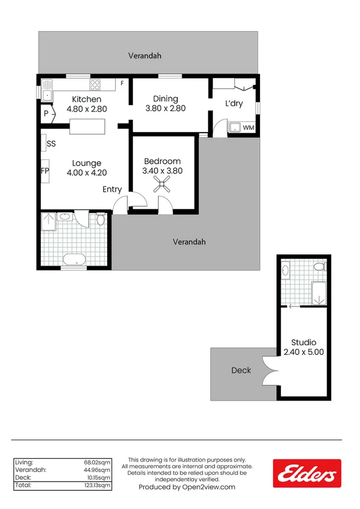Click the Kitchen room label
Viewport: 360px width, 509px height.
coord(87,100)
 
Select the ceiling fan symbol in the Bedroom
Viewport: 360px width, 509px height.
coord(162,185)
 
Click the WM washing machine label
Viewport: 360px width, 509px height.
coord(248,128)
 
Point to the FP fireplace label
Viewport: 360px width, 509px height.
coord(44,171)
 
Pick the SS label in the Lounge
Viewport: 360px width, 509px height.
coord(52,144)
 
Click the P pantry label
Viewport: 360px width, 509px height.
coord(46,113)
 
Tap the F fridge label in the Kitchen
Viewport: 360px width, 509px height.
coord(122,83)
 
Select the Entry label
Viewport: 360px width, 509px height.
coord(112,189)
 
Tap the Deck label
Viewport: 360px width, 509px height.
coord(241,371)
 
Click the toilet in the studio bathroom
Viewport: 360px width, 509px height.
coord(322,266)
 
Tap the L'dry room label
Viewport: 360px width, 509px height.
coord(234,104)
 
